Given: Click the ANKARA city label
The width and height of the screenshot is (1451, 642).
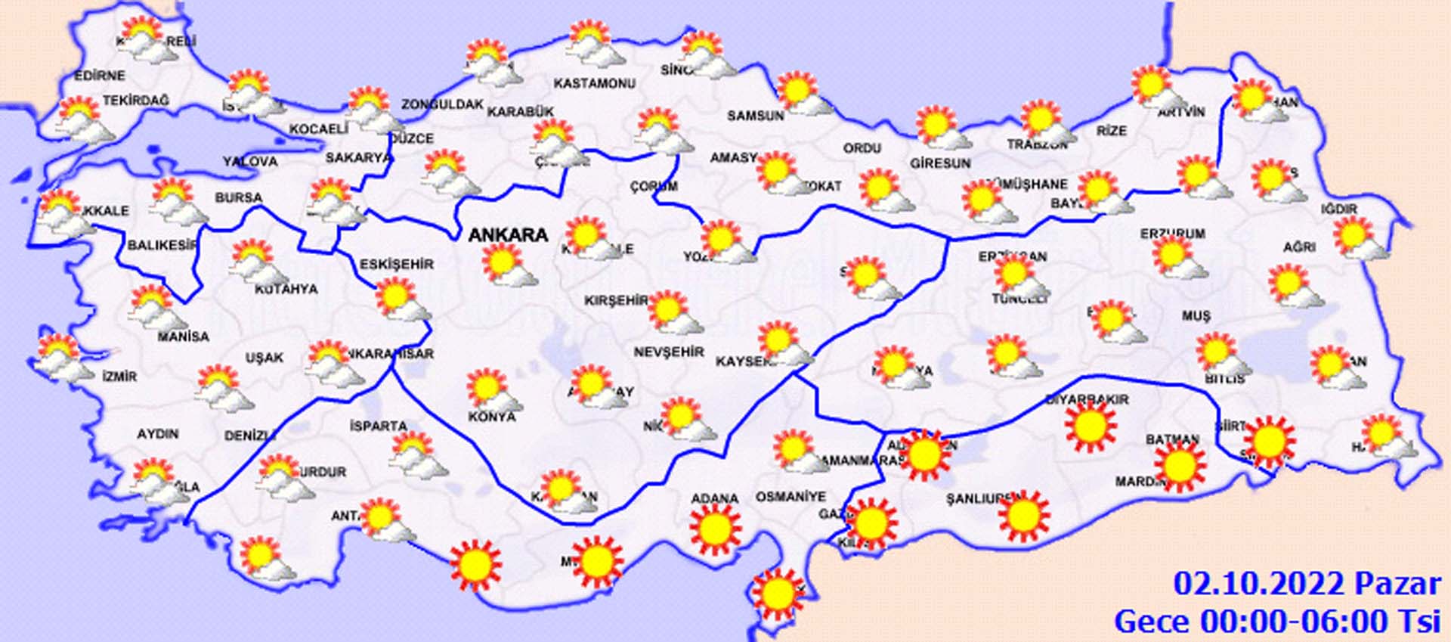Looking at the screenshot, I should point(508,235).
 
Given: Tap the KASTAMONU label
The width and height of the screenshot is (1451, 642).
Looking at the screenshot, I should point(595,83).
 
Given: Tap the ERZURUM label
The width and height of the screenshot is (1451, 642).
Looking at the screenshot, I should point(1172,234).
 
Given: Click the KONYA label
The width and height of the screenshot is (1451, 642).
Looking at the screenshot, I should point(492,417).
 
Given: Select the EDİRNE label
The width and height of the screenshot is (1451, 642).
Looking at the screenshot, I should point(100,76).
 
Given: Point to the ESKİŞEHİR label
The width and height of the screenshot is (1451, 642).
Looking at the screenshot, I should point(397,264).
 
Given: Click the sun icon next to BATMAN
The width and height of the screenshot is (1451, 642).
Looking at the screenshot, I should point(1180,467).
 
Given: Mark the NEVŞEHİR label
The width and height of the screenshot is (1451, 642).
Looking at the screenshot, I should point(669,352).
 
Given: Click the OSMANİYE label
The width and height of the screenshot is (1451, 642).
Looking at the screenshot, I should point(790,497).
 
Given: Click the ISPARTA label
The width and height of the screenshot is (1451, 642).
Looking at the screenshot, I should point(378,426).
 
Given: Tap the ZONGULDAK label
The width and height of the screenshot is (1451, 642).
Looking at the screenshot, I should point(442,104).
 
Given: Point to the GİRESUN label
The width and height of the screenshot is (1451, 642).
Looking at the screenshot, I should point(940,163).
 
